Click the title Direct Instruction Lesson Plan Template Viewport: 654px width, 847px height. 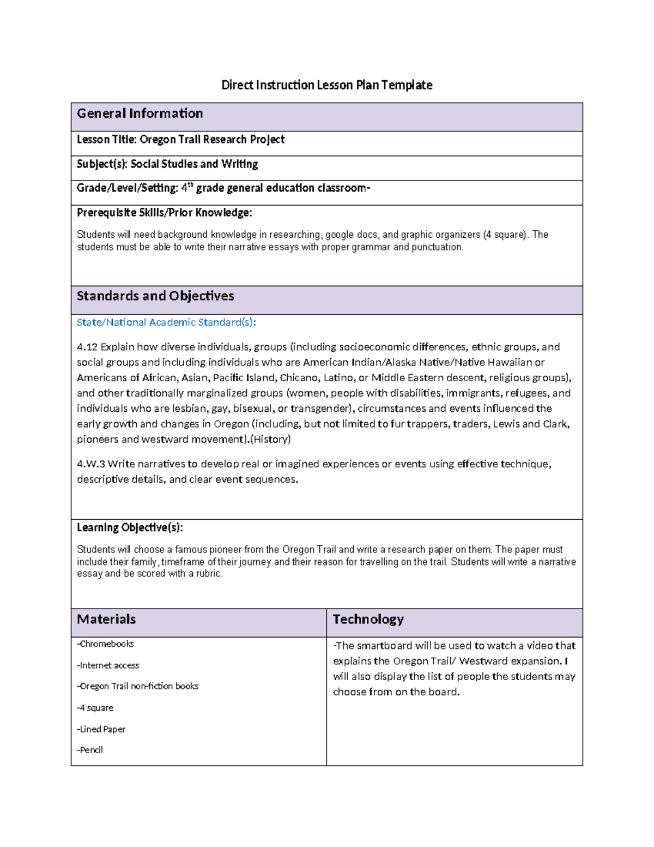pos(326,85)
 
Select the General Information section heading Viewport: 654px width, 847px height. pos(140,113)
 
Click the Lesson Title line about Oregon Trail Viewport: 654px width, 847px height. pos(180,140)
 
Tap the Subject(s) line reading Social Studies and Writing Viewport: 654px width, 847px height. pos(167,164)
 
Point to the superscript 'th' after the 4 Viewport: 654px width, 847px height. pos(191,185)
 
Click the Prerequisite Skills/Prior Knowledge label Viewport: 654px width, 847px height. pos(164,213)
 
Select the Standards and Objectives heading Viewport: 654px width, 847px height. pos(155,296)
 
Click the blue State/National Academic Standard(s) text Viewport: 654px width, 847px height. pos(166,322)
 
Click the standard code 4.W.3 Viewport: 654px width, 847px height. pos(90,464)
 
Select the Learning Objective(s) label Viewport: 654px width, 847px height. pos(130,527)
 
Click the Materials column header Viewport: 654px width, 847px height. pos(106,620)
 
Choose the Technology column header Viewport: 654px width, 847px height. pos(368,620)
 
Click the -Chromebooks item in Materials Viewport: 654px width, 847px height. pos(105,644)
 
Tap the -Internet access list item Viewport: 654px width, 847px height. pos(108,665)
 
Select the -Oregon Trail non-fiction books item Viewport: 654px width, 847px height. pos(137,686)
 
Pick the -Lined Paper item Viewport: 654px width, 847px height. pos(101,729)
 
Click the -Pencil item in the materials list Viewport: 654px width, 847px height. pos(90,750)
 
